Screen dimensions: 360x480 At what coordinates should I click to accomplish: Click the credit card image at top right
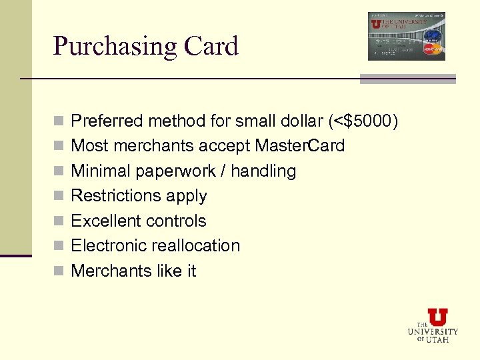click(406, 36)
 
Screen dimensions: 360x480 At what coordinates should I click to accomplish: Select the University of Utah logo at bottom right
click(433, 325)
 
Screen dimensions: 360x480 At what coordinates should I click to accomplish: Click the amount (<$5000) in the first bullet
click(363, 121)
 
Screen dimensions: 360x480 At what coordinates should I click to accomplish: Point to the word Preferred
click(107, 121)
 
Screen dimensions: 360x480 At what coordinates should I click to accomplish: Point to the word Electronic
click(109, 245)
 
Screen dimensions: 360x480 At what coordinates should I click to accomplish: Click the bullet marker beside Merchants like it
click(59, 271)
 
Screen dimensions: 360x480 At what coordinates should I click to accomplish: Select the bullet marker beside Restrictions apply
click(59, 197)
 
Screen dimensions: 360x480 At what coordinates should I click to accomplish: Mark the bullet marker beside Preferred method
click(59, 122)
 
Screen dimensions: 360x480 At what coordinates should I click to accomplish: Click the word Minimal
click(101, 171)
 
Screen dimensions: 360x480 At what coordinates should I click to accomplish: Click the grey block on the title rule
click(407, 79)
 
